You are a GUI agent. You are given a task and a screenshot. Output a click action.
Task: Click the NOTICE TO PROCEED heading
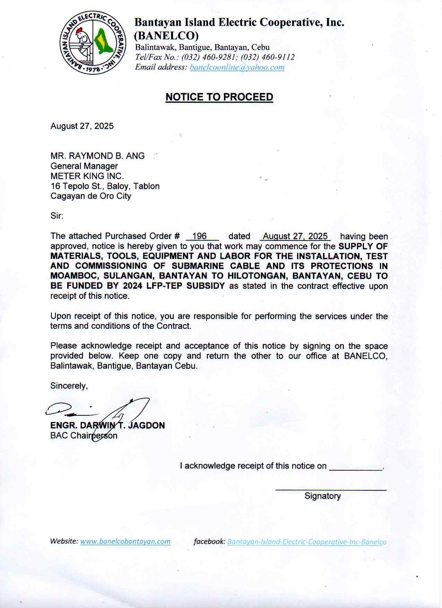219,97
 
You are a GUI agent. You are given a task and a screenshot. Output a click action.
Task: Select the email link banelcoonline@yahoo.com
237,67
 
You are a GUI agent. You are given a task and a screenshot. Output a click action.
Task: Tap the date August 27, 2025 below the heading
82,126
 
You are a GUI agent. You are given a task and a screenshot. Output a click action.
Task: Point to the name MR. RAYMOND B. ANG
97,156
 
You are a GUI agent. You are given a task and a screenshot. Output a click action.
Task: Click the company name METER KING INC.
87,176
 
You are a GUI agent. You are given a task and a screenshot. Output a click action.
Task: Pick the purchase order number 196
199,236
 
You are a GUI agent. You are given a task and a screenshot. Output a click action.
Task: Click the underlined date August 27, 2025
295,236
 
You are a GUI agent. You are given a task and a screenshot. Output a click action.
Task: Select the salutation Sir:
57,216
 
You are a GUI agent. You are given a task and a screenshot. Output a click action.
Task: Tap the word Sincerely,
69,386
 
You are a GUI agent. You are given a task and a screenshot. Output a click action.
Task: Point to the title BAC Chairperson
84,436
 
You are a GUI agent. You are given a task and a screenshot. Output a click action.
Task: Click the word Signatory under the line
322,496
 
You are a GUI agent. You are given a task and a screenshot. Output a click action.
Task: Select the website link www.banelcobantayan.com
125,541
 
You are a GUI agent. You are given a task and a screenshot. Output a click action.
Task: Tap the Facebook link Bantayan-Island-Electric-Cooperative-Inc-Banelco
307,542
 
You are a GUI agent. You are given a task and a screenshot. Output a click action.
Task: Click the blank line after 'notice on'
356,467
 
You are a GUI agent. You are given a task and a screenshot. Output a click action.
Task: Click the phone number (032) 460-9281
209,57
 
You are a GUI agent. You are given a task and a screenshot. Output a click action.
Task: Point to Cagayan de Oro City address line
91,196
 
